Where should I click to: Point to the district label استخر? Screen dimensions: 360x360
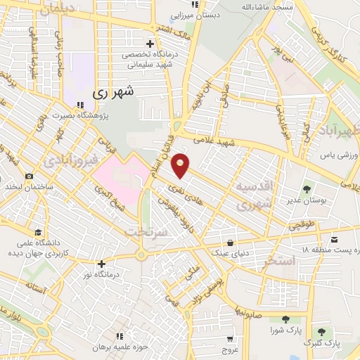[274, 262]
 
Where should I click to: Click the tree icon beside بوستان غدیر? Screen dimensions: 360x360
[307, 188]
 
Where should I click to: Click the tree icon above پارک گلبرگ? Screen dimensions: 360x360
[321, 331]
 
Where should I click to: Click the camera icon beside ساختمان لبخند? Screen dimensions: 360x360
[29, 176]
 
